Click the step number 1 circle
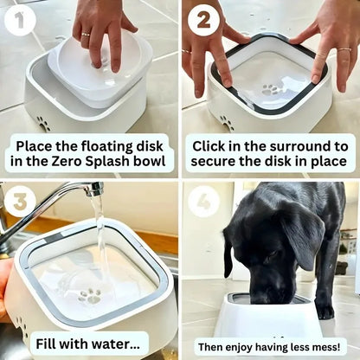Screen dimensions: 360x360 click(20, 19)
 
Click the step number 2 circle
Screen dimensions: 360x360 click(204, 19)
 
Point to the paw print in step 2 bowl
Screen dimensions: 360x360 click(270, 89)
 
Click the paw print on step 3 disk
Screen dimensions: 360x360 click(89, 296)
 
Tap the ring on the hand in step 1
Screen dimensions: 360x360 click(84, 35)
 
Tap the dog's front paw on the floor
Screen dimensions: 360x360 click(325, 308)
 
